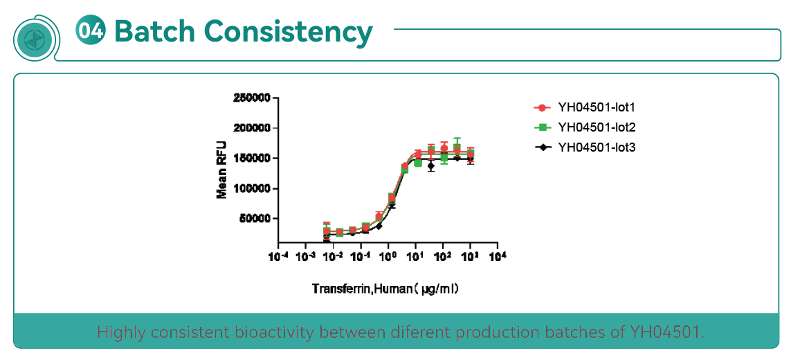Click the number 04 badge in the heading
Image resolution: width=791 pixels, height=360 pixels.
[x=92, y=31]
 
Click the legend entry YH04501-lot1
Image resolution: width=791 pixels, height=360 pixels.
[x=596, y=107]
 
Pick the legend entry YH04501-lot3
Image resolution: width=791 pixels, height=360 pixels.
[x=596, y=147]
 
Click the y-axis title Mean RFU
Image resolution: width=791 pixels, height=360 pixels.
[x=222, y=170]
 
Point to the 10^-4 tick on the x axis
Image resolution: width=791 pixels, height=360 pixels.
[x=278, y=257]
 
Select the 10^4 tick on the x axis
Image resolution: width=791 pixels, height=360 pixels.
[x=497, y=257]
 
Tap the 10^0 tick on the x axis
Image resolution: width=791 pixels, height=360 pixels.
[x=388, y=257]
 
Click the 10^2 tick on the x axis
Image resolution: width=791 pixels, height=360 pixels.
[x=442, y=257]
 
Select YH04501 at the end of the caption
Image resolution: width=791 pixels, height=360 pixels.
[x=665, y=332]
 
